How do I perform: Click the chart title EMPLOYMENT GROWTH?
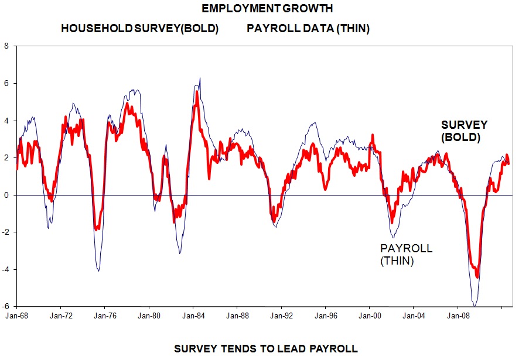click(x=267, y=9)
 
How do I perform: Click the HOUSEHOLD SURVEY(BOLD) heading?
click(x=139, y=29)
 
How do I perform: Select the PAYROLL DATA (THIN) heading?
click(x=308, y=29)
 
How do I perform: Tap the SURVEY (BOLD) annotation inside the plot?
click(x=464, y=131)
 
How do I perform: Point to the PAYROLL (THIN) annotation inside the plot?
click(x=406, y=255)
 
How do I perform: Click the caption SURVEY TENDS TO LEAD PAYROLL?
click(x=266, y=349)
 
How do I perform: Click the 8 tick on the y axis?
click(x=7, y=46)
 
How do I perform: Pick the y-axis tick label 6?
click(x=7, y=84)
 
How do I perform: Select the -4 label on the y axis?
click(x=6, y=269)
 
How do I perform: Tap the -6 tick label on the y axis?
click(x=6, y=306)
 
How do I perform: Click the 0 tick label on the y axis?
click(x=7, y=195)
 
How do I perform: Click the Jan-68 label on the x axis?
click(x=16, y=314)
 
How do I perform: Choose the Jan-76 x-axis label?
click(x=104, y=314)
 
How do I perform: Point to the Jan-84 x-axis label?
click(x=193, y=314)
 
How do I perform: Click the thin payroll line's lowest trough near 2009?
click(x=475, y=306)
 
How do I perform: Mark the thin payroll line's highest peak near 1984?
click(x=200, y=78)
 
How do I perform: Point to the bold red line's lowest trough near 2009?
click(x=477, y=277)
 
